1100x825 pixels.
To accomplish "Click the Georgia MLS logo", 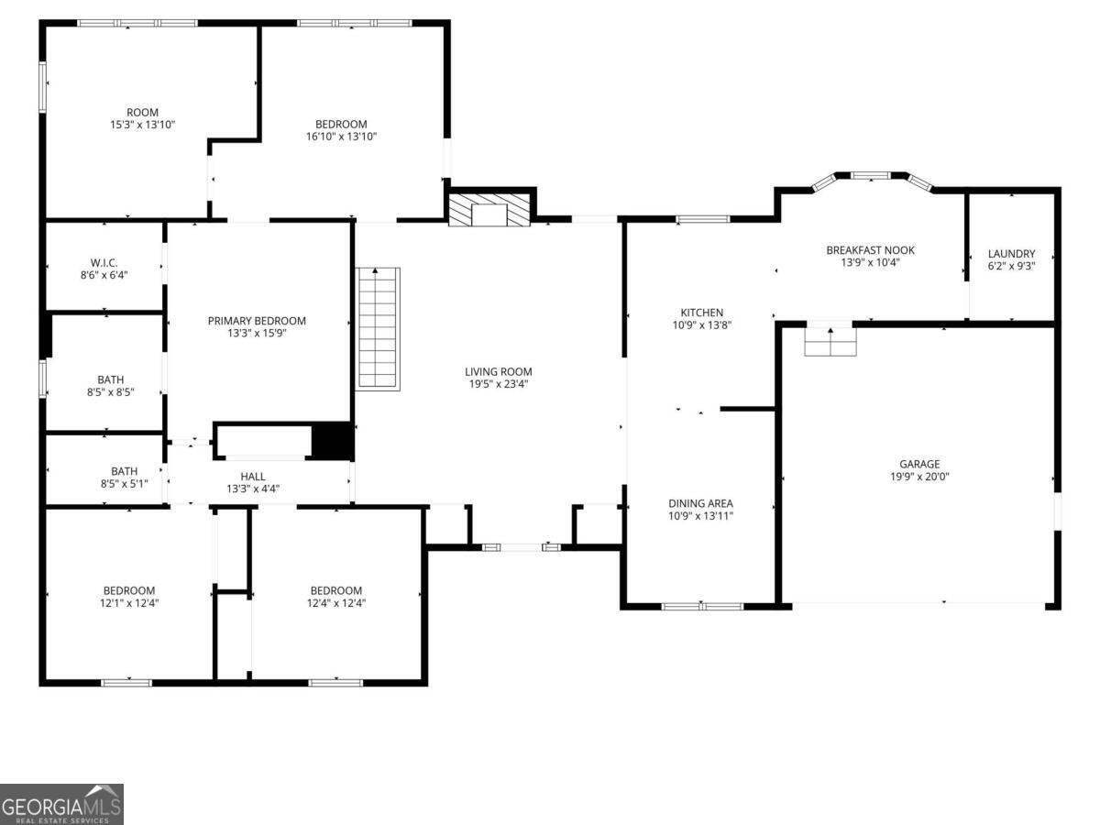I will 60,805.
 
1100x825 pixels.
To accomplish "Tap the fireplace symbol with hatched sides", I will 489,210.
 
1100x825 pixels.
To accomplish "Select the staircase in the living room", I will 379,328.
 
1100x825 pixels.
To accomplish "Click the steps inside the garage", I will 830,341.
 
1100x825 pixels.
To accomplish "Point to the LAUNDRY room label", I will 1011,254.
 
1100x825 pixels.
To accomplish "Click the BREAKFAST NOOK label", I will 870,250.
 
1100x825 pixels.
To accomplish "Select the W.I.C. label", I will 104,261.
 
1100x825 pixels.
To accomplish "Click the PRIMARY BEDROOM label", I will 257,321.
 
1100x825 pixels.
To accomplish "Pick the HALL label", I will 253,477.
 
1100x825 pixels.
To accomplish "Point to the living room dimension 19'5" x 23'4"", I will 498,384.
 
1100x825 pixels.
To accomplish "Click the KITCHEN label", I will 701,313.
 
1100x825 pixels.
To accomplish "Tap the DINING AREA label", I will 700,503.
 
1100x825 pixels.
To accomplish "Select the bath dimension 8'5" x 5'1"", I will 124,484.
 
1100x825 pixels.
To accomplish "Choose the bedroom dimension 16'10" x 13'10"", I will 341,137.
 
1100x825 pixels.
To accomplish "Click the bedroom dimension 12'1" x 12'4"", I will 128,603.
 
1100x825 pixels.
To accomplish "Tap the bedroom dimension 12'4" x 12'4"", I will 335,603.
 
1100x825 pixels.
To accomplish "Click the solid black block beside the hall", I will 332,441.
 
